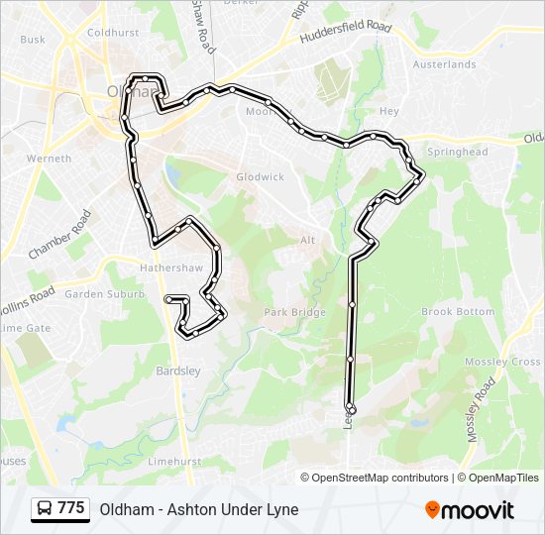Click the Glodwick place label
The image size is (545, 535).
coord(260,176)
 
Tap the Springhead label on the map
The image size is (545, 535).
coord(457,152)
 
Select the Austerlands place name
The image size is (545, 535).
coord(444,64)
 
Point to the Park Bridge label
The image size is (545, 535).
coord(294,312)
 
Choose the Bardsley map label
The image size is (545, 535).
coord(178,372)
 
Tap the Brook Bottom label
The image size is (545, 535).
coord(458,311)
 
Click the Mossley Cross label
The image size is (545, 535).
coord(511,362)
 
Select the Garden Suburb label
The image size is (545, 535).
coord(98,294)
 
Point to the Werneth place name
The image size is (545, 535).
coord(50,159)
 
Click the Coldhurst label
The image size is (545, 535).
coord(112,32)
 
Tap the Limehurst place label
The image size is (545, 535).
coord(173,462)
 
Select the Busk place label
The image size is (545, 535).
coord(33,40)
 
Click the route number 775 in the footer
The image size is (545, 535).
coord(70,508)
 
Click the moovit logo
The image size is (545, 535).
coord(470,509)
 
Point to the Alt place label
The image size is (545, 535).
coord(308,240)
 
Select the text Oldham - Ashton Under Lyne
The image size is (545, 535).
coord(198,509)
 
